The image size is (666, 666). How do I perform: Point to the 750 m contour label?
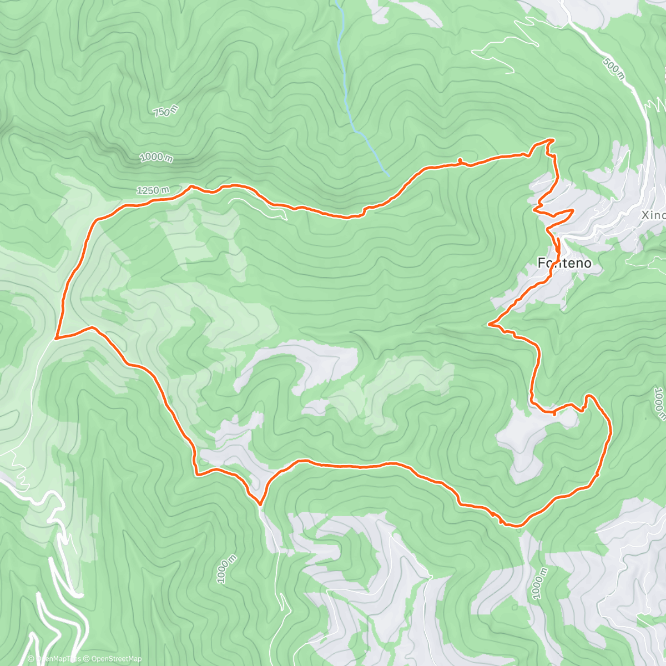[166, 111]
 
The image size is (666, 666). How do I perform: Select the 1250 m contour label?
[153, 190]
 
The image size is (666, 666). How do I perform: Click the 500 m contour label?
[613, 69]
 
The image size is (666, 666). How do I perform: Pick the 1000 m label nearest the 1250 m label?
[156, 158]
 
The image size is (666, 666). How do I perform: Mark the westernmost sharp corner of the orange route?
[56, 337]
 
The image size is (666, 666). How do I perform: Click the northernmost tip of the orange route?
[551, 139]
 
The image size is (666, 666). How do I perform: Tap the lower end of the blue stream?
[389, 176]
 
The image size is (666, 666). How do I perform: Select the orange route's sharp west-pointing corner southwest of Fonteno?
[489, 324]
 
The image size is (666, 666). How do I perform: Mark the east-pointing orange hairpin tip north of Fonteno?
[573, 211]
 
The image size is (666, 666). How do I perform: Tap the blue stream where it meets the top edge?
[337, 2]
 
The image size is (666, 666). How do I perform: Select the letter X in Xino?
[645, 215]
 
